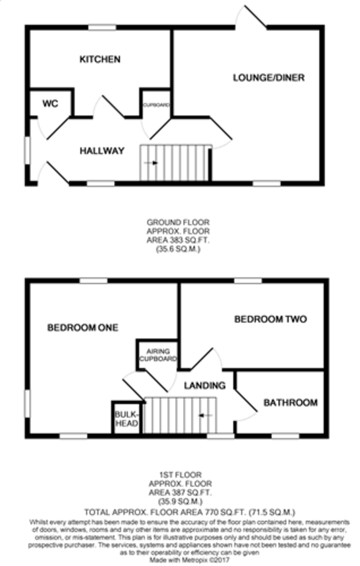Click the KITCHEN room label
point(100,59)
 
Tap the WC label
point(50,104)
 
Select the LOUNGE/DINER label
point(268,77)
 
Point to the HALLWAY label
point(102,151)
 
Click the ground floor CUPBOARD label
point(157,105)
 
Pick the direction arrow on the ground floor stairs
point(151,163)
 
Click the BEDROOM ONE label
point(83,328)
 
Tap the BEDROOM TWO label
point(270,319)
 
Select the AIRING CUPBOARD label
point(158,355)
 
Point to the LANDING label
point(204,386)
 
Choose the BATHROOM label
point(291,403)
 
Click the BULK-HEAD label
point(126,419)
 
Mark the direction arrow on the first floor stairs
point(206,415)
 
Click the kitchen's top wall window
point(102,27)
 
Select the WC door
point(54,128)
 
